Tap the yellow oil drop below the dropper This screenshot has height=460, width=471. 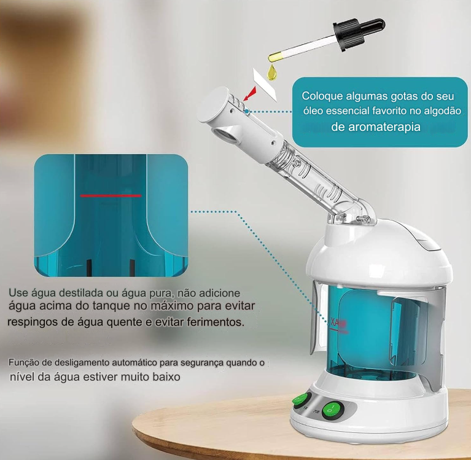tap(272, 73)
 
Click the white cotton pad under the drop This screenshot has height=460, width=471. tap(265, 85)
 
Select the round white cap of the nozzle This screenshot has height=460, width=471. tap(212, 104)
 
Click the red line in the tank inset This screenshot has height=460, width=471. tap(111, 195)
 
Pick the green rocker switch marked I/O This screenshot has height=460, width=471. tap(332, 410)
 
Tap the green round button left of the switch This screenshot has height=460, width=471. tap(302, 400)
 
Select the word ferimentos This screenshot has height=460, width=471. tap(216, 322)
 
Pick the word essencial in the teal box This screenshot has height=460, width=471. tap(348, 111)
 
